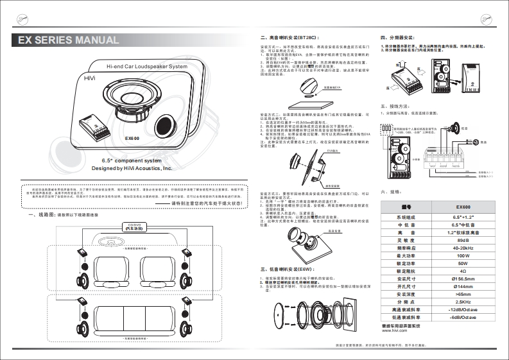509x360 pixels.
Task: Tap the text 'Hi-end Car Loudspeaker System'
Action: (x=146, y=66)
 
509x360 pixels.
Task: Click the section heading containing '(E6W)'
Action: (x=283, y=270)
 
